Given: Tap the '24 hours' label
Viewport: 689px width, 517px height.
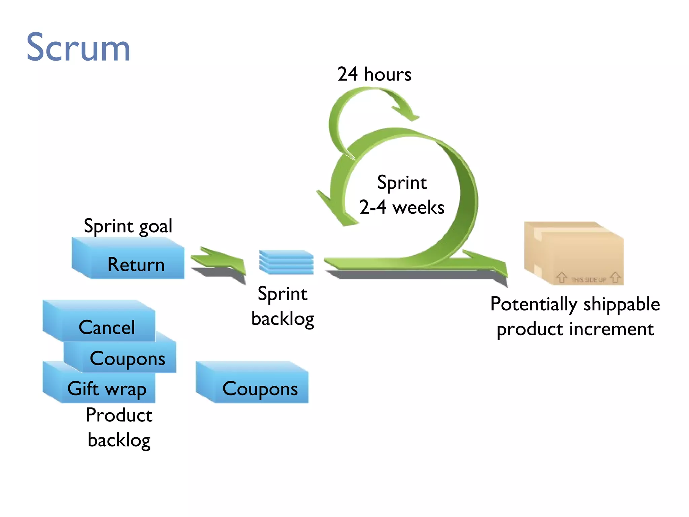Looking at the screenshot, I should coord(374,74).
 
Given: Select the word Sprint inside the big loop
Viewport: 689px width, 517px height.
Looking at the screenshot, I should coord(402,183).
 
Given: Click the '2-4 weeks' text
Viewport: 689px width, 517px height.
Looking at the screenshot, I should coord(402,207).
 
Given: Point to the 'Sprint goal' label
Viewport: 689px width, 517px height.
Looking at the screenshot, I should coord(128,226).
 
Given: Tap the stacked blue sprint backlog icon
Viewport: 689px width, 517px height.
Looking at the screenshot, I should coord(286,262).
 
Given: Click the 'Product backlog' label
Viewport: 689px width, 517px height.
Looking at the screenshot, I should coord(119,427).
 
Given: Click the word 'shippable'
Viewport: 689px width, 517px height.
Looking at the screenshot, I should coord(622,304).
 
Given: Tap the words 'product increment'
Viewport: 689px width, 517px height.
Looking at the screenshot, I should coord(575,329).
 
